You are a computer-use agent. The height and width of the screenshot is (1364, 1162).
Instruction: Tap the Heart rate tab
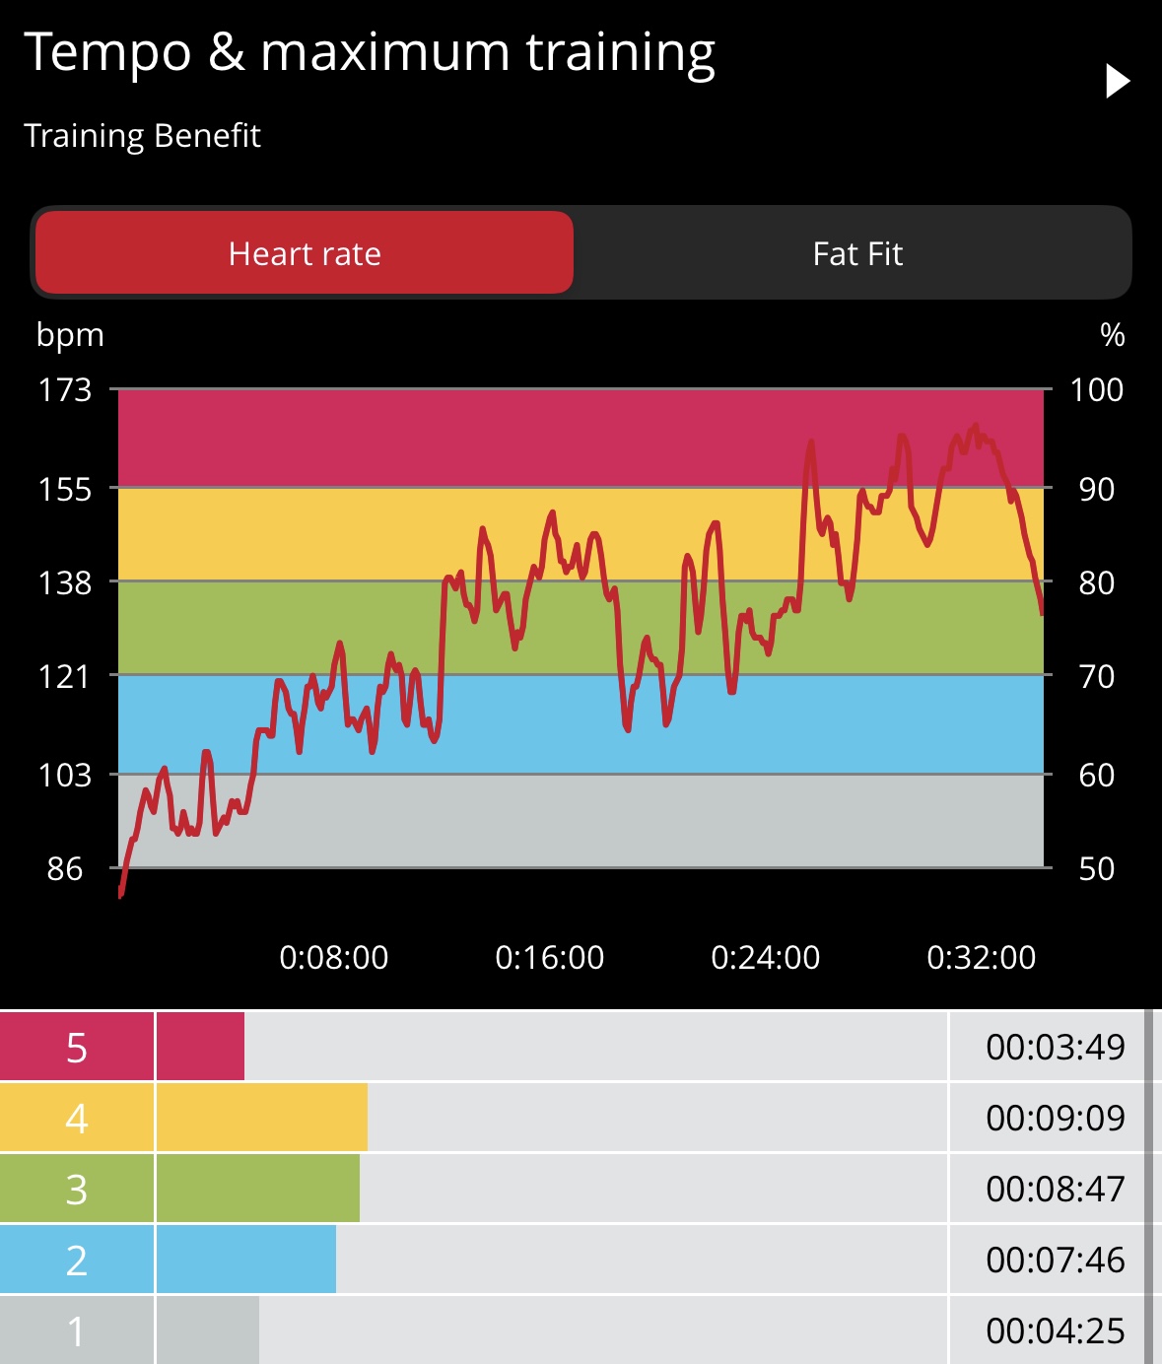[x=304, y=253]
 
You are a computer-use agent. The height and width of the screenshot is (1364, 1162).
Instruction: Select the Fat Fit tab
[x=857, y=253]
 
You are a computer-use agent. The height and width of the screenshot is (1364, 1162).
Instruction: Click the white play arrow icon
[x=1117, y=81]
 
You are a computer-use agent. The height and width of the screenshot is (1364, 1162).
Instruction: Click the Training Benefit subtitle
[x=142, y=135]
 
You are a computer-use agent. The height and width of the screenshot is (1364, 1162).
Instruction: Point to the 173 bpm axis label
[x=65, y=390]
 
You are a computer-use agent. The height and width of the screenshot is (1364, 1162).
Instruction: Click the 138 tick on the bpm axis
[x=65, y=582]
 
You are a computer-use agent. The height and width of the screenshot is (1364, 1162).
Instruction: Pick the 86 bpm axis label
[x=65, y=868]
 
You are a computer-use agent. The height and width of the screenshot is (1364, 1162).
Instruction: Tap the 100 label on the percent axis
[x=1096, y=390]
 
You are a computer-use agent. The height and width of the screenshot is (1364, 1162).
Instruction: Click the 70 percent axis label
[x=1096, y=676]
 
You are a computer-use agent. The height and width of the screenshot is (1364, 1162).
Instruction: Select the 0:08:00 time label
[x=334, y=957]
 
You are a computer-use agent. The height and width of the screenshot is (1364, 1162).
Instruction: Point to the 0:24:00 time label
[x=765, y=957]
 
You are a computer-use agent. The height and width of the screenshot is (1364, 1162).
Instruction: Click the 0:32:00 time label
[x=982, y=957]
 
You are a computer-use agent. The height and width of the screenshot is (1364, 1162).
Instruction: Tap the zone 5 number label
[x=77, y=1048]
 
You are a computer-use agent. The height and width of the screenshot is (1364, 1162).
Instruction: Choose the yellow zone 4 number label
[x=77, y=1119]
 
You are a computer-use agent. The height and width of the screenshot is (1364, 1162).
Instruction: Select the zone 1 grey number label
[x=77, y=1331]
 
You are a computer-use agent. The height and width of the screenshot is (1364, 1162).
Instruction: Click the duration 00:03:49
[x=1055, y=1047]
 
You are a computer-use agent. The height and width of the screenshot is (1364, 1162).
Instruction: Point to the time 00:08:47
[x=1055, y=1189]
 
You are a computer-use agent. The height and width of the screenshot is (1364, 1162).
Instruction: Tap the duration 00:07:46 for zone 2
[x=1055, y=1260]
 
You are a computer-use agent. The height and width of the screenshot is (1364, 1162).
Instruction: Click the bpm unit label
[x=70, y=335]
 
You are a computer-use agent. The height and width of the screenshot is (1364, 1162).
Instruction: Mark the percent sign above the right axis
[x=1113, y=335]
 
